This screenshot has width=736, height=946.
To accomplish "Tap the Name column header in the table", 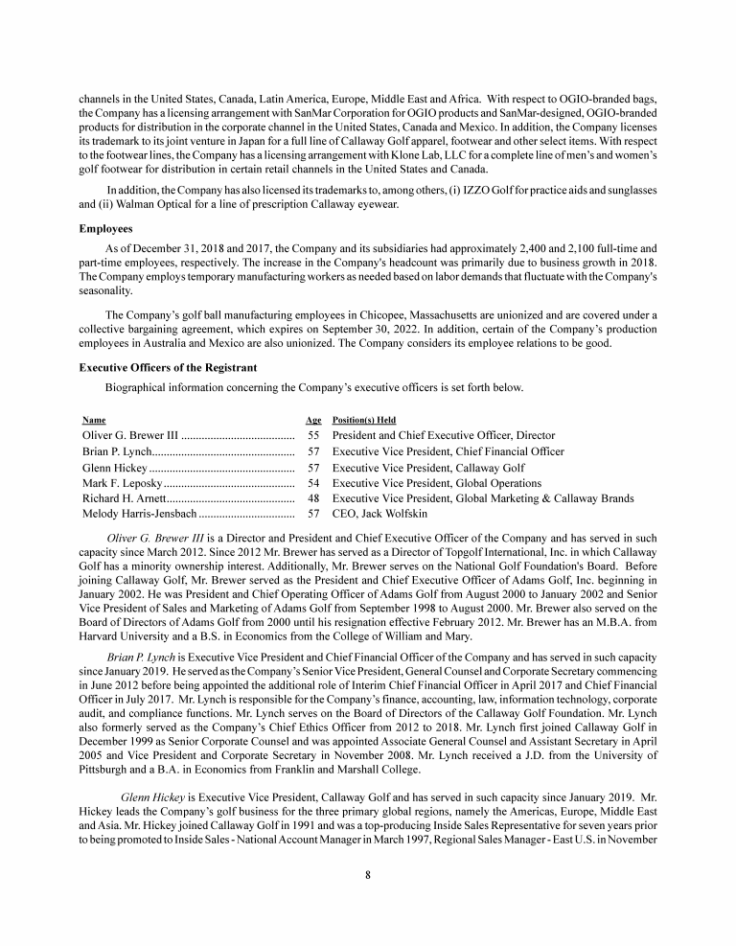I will pos(94,420).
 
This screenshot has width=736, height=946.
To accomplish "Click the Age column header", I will pos(312,420).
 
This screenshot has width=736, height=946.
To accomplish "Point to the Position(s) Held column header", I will pos(363,420).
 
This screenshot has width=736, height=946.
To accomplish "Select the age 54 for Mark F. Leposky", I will pos(313,483).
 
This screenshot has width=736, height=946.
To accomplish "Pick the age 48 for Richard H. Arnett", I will pos(313,498).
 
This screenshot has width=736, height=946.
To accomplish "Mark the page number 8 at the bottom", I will pos(368,874).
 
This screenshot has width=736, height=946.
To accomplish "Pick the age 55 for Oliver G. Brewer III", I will pos(313,435).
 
